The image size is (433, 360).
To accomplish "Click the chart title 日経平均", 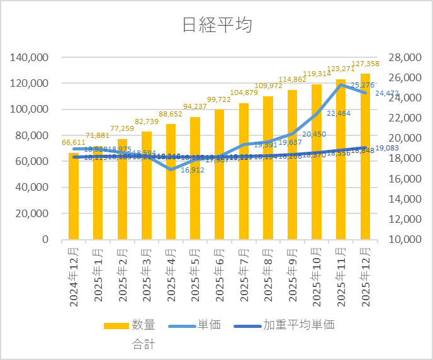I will tap(216, 25).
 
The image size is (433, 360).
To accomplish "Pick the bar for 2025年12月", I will tap(366, 157).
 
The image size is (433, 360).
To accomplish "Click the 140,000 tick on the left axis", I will tap(31, 57).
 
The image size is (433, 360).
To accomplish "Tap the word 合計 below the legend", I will tap(143, 344).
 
